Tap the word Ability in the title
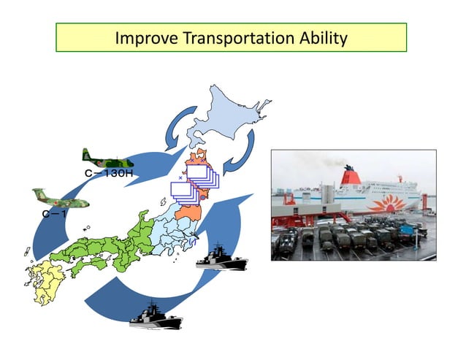[321, 38]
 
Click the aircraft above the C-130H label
[107, 158]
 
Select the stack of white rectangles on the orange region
[197, 180]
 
